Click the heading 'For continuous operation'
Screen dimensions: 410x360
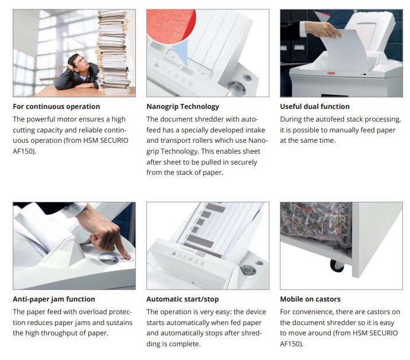[x=56, y=107]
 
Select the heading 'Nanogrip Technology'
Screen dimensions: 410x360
[x=182, y=107]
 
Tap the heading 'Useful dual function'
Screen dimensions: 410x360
[x=315, y=107]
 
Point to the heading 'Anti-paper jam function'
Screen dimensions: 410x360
[x=54, y=299]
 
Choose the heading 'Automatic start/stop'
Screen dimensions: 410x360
[x=182, y=299]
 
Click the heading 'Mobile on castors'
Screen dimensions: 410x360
[x=310, y=299]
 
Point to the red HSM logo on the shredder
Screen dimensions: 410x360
[x=331, y=73]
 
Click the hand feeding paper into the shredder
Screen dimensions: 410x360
[x=322, y=29]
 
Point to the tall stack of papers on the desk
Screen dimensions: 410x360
[x=113, y=52]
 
